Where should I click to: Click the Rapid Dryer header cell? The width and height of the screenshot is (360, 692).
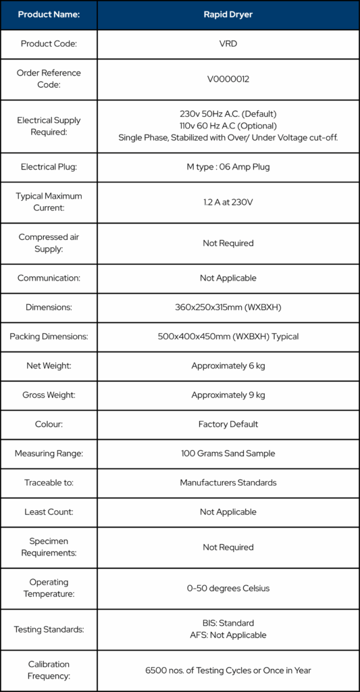tap(228, 14)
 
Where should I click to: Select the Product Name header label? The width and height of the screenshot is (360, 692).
tap(49, 14)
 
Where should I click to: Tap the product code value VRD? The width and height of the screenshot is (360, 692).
tap(228, 44)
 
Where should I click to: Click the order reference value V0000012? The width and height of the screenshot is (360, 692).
tap(228, 79)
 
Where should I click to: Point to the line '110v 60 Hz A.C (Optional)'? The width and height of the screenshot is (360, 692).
tap(228, 126)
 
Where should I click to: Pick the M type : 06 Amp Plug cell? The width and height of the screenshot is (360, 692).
tap(228, 166)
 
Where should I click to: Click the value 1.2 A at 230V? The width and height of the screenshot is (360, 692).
tap(228, 202)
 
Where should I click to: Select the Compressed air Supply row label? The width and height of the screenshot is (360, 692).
tap(49, 243)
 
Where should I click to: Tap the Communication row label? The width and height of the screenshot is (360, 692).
tap(49, 278)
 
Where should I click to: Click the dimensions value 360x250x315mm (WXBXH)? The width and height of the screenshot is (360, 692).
tap(228, 307)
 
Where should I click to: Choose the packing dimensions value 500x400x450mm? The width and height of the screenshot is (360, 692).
tap(228, 337)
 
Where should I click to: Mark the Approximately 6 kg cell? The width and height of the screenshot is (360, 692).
tap(228, 366)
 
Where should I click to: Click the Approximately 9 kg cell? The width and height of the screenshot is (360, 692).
tap(228, 395)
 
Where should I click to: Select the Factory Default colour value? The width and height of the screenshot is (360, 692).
tap(228, 424)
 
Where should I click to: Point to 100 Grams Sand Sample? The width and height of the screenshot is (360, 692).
tap(228, 453)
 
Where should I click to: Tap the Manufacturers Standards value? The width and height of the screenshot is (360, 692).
tap(228, 483)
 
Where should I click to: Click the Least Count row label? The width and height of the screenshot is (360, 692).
tap(49, 512)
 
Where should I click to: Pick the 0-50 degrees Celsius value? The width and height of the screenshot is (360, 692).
tap(228, 588)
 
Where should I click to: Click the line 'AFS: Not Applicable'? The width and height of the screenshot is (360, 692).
tap(228, 635)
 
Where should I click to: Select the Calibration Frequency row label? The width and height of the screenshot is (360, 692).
tap(49, 670)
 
